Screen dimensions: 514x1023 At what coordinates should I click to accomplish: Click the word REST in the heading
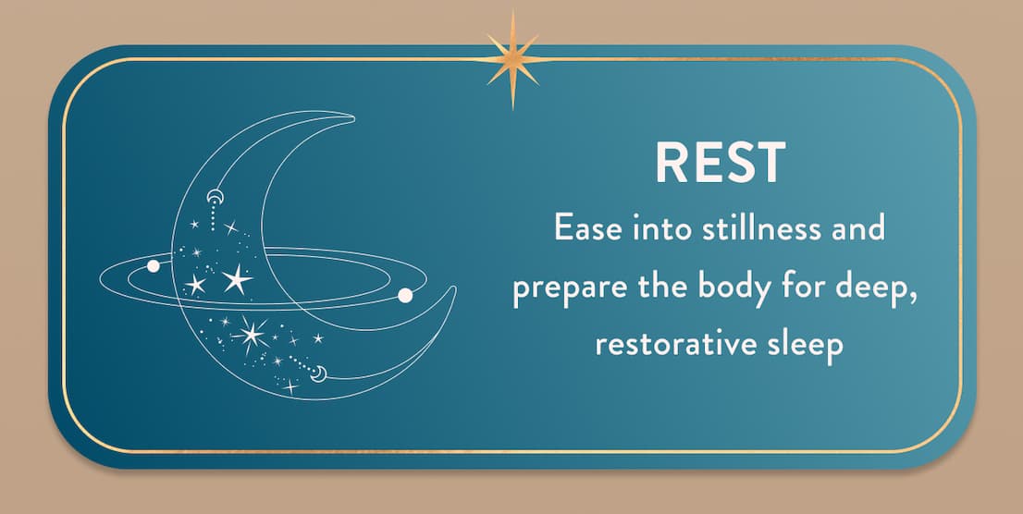coord(720,163)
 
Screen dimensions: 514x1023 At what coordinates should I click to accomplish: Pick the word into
coord(654,229)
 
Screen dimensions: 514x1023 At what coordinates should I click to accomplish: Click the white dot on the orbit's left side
coord(154,266)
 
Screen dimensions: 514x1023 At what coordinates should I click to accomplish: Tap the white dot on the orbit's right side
coord(404,296)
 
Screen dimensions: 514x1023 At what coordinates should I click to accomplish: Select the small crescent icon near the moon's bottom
coord(319,373)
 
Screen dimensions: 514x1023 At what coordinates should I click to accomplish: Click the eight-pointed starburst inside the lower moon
coord(252,333)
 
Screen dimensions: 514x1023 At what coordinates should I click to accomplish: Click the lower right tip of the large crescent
coord(454,288)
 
